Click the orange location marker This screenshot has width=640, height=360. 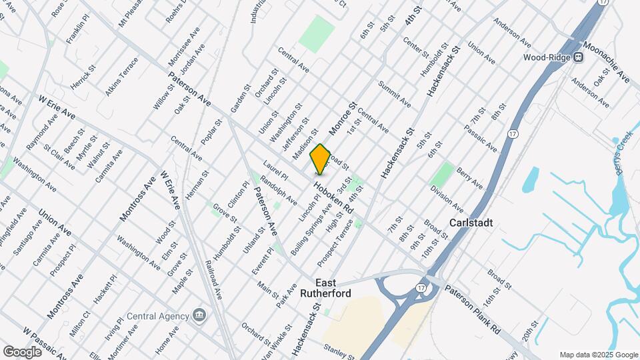(320, 159)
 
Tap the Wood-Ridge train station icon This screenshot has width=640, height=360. (578, 57)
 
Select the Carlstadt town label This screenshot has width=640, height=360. (471, 223)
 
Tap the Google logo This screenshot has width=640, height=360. (22, 351)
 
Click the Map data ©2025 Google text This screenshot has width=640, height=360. (597, 354)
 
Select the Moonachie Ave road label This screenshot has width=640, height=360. (606, 63)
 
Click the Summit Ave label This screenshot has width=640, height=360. (394, 93)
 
